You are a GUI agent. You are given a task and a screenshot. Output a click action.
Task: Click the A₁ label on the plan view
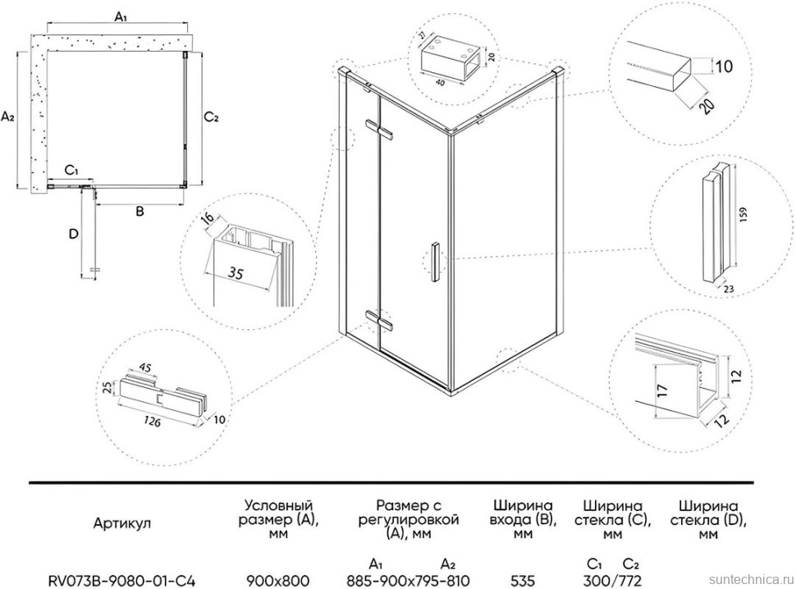[x=120, y=16]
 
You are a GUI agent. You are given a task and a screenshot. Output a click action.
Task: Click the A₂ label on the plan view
[x=7, y=117]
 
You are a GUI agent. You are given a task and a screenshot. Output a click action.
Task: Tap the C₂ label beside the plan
[x=211, y=117]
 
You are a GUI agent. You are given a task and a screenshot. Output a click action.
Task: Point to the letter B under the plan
[x=140, y=212]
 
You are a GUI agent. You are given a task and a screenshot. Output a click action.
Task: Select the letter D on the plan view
[x=73, y=235]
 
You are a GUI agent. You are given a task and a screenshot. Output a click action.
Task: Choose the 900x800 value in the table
[x=277, y=580]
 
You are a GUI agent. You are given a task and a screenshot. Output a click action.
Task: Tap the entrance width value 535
[x=522, y=580]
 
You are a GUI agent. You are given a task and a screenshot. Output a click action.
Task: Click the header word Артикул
[x=121, y=522]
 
